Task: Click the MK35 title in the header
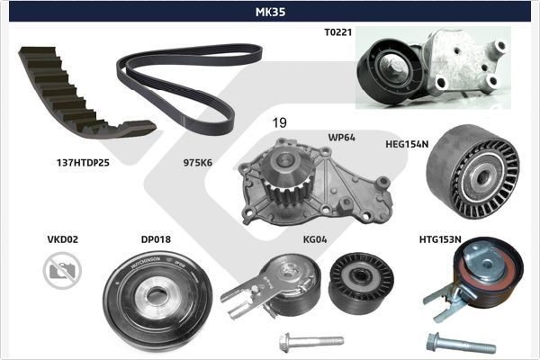270,12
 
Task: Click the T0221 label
338,31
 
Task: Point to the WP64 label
342,138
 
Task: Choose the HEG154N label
407,143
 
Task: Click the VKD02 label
63,239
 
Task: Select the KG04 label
315,239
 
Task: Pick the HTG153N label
440,239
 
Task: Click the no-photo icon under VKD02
62,270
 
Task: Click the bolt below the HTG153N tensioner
459,344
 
